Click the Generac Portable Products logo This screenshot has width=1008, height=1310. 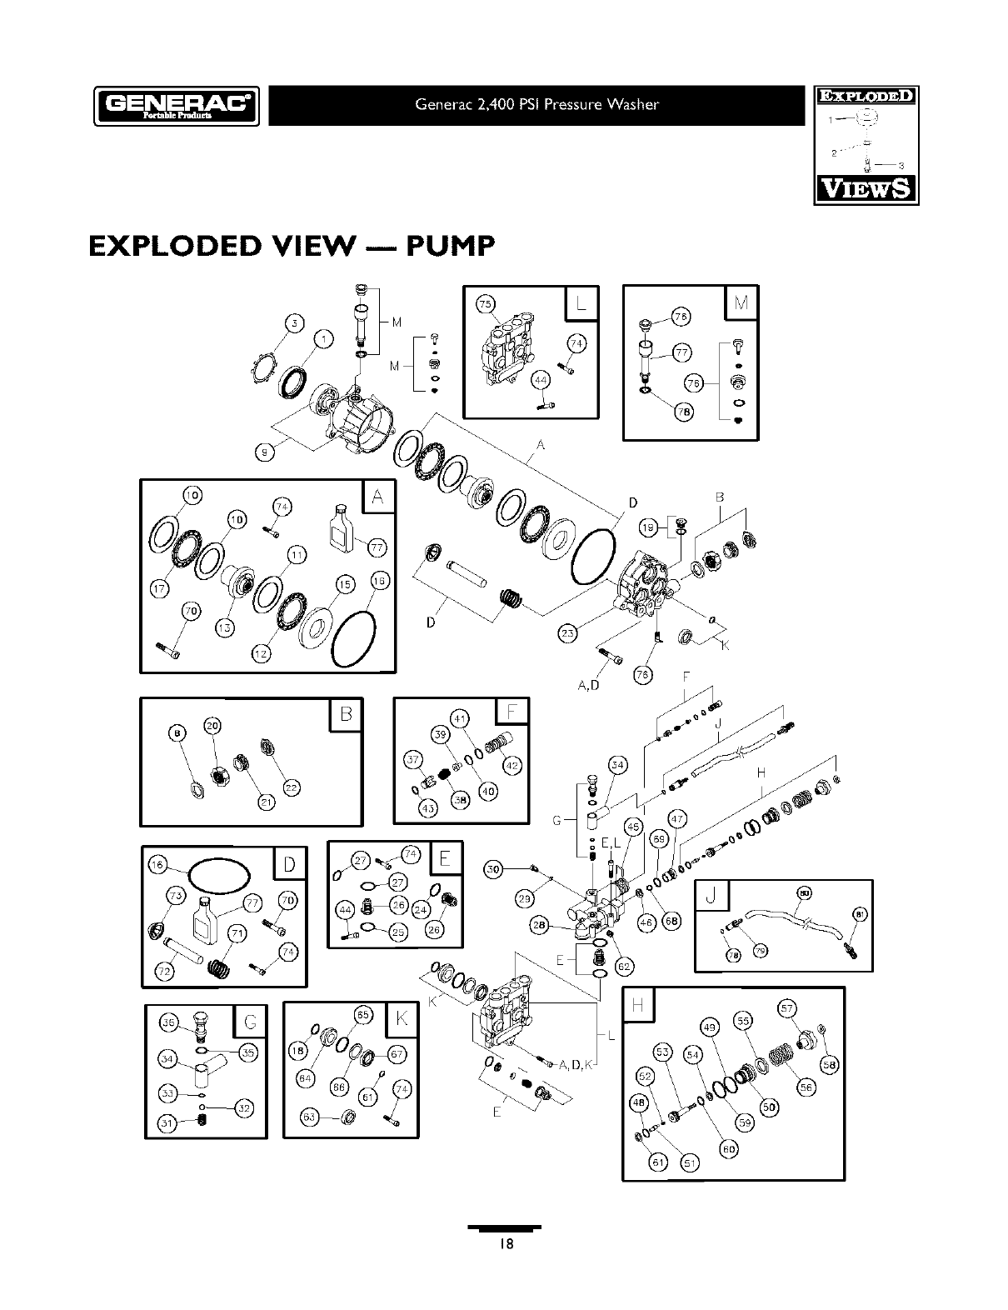(177, 106)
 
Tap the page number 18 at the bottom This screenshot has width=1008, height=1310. (504, 1243)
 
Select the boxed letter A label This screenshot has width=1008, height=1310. (378, 498)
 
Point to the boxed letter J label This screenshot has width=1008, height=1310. (711, 897)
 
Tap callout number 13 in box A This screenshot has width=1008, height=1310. (226, 627)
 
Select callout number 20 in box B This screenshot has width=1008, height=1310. (212, 726)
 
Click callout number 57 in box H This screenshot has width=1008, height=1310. (786, 1007)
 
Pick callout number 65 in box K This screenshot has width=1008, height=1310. (363, 1014)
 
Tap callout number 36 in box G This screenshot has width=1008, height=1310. (167, 1023)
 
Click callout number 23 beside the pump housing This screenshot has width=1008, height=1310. (567, 634)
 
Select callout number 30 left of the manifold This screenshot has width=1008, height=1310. (494, 870)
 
